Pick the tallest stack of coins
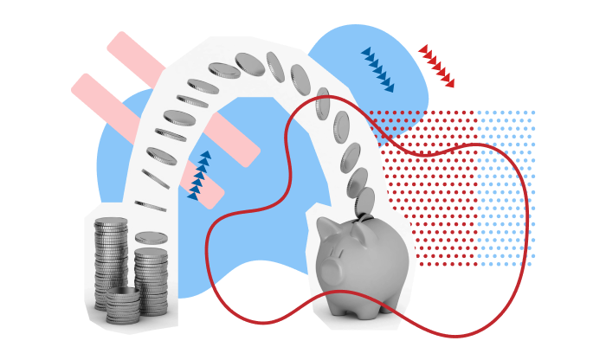[111, 260]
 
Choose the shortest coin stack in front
[123, 305]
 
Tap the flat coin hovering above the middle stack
[151, 237]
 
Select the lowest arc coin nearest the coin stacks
[150, 206]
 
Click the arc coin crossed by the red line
[322, 104]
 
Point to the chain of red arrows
[436, 66]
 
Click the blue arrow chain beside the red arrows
[377, 69]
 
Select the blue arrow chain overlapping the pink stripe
[199, 176]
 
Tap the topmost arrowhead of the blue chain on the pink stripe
[205, 155]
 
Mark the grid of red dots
[429, 186]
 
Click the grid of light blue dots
[506, 186]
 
